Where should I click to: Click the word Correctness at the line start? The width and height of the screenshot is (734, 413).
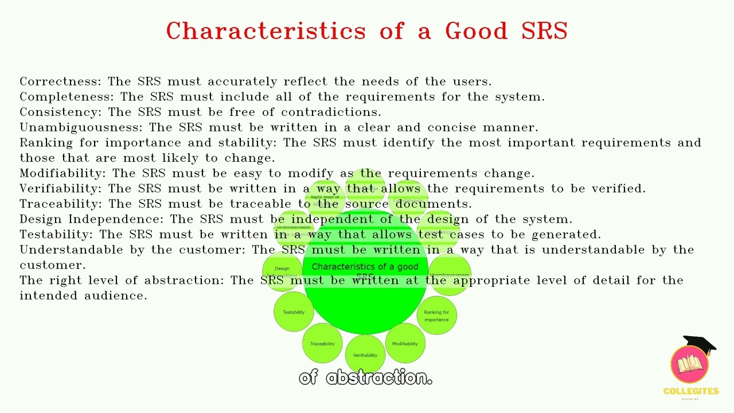[x=60, y=81]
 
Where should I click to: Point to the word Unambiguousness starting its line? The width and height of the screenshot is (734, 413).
[x=80, y=127]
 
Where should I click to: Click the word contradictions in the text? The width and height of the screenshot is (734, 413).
[x=330, y=112]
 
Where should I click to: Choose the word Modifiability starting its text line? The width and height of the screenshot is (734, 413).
[x=62, y=173]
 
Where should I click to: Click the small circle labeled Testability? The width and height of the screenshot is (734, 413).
[x=294, y=312]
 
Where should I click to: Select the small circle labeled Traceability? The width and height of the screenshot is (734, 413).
[x=322, y=344]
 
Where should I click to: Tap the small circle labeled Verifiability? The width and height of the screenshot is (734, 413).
[x=365, y=355]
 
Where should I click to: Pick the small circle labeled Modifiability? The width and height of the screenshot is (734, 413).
[x=405, y=344]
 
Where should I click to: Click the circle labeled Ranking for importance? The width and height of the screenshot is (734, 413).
[x=436, y=315]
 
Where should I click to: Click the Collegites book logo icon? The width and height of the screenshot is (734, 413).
[x=690, y=365]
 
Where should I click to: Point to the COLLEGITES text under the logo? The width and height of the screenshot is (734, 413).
[x=691, y=391]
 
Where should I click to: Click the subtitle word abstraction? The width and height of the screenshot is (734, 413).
[x=379, y=377]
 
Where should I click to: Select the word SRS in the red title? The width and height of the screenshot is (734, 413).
[x=544, y=31]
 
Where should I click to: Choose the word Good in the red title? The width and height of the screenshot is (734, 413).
[x=476, y=31]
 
